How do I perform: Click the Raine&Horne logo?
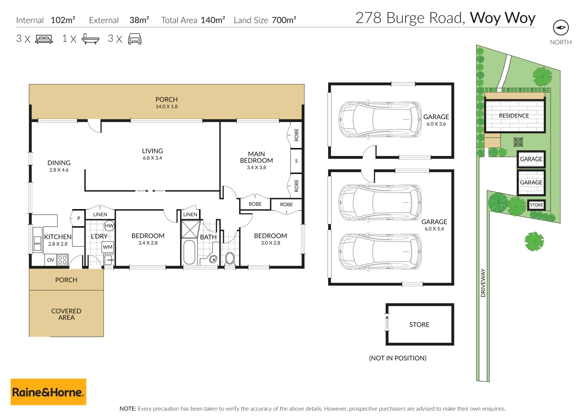click(x=48, y=392)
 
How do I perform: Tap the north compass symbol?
click(x=561, y=28)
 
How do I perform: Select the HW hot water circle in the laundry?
click(x=109, y=226)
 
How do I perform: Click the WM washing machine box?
click(x=108, y=247)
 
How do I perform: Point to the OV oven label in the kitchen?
click(x=50, y=260)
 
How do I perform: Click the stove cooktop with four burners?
click(x=62, y=260)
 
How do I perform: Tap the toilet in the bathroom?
click(x=230, y=258)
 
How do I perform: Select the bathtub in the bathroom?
click(x=189, y=252)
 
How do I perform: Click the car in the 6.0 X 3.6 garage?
click(x=380, y=119)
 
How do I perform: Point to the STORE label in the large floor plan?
click(x=419, y=325)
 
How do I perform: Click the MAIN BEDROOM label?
click(x=256, y=157)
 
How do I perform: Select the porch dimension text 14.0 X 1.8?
click(x=166, y=107)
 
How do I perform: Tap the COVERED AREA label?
click(x=66, y=314)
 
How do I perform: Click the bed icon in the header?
click(x=44, y=39)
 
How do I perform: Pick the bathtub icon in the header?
click(x=90, y=39)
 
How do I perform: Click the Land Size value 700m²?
click(x=284, y=20)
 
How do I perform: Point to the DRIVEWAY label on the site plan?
click(x=483, y=283)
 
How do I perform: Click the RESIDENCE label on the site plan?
click(x=514, y=116)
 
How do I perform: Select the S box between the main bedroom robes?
click(x=296, y=161)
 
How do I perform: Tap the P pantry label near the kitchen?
click(x=79, y=218)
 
